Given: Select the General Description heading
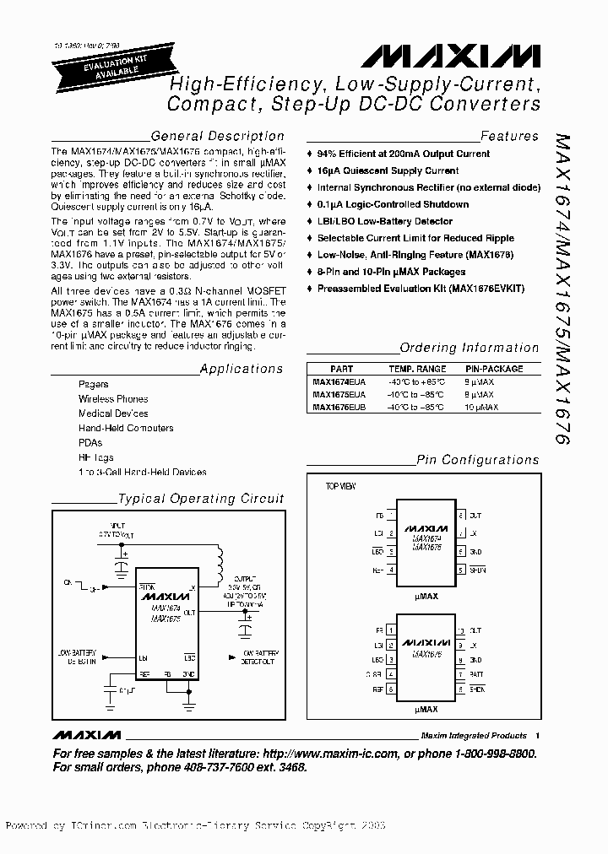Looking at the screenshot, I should coord(217,136).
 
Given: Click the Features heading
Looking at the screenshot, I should coord(509,136).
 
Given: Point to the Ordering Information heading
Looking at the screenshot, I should coord(469,348).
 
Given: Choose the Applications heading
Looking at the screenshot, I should coord(242,369).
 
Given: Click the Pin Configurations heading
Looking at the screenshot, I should coord(477,460).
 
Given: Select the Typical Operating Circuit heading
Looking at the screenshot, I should coord(201,499).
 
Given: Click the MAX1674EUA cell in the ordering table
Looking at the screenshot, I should coord(339,381).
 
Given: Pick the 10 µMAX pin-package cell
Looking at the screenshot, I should coord(482,407).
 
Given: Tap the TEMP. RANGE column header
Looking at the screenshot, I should coord(417,369).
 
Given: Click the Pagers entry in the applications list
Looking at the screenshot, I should coord(94,384).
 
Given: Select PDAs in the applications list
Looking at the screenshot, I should coord(90,442).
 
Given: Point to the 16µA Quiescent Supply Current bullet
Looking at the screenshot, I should coord(388,170).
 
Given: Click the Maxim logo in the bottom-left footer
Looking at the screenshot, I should coord(86,711).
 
